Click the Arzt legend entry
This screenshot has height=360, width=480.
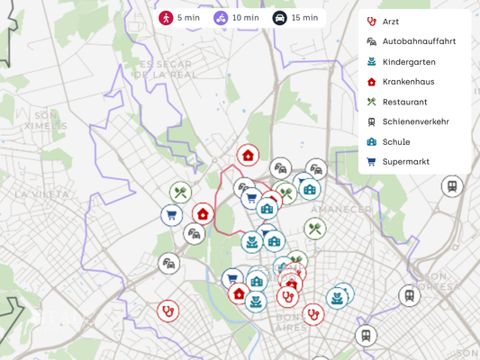(390, 21)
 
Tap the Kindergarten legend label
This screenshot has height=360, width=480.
(408, 61)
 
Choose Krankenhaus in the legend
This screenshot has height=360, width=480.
(408, 81)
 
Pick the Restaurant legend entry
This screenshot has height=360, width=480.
(404, 102)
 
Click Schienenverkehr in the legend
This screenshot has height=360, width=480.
(415, 121)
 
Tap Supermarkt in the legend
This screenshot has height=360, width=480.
(405, 162)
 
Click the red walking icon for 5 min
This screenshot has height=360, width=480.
(166, 18)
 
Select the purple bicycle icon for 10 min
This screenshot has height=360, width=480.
(221, 18)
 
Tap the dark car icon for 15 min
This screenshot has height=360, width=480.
(279, 18)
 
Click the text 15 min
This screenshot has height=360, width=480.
(304, 18)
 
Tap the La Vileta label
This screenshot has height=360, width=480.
(41, 193)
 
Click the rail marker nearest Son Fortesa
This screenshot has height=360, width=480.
(410, 295)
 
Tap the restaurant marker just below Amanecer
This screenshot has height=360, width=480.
(314, 229)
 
